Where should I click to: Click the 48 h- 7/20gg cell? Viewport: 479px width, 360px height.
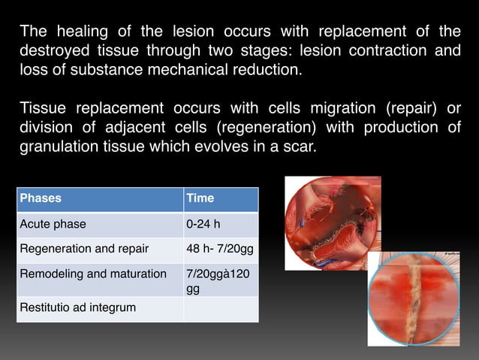(x=221, y=249)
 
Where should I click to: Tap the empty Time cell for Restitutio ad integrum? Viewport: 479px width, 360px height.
(x=221, y=308)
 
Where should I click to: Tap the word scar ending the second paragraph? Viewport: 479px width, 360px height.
(x=300, y=147)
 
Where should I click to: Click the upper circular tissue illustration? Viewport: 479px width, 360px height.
(x=333, y=222)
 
